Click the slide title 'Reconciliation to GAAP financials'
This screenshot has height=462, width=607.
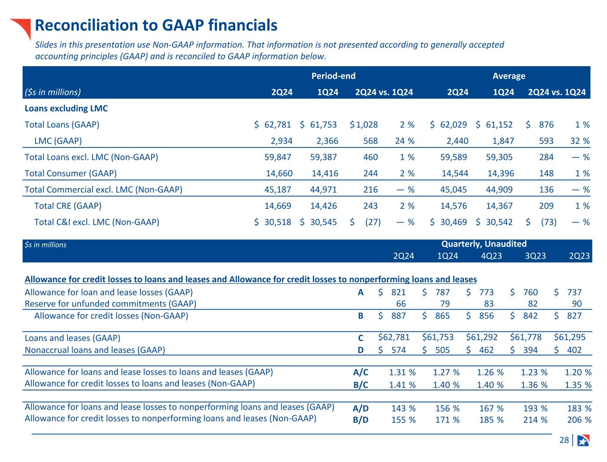click(x=156, y=26)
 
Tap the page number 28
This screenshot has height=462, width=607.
click(x=564, y=440)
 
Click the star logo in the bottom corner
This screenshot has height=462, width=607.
click(x=583, y=440)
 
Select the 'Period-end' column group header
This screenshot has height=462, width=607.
click(x=333, y=76)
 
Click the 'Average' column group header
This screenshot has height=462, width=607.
click(x=509, y=76)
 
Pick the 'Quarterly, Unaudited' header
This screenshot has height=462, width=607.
click(x=484, y=244)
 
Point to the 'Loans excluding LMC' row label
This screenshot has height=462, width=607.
click(x=66, y=108)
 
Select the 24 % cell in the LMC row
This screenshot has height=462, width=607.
click(x=404, y=141)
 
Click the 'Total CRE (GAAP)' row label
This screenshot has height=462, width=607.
click(x=68, y=206)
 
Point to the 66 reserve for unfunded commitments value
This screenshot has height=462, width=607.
click(x=401, y=304)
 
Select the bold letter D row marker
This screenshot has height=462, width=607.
click(x=361, y=350)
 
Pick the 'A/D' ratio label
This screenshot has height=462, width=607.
click(x=361, y=408)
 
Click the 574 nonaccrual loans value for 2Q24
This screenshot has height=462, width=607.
click(x=398, y=350)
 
